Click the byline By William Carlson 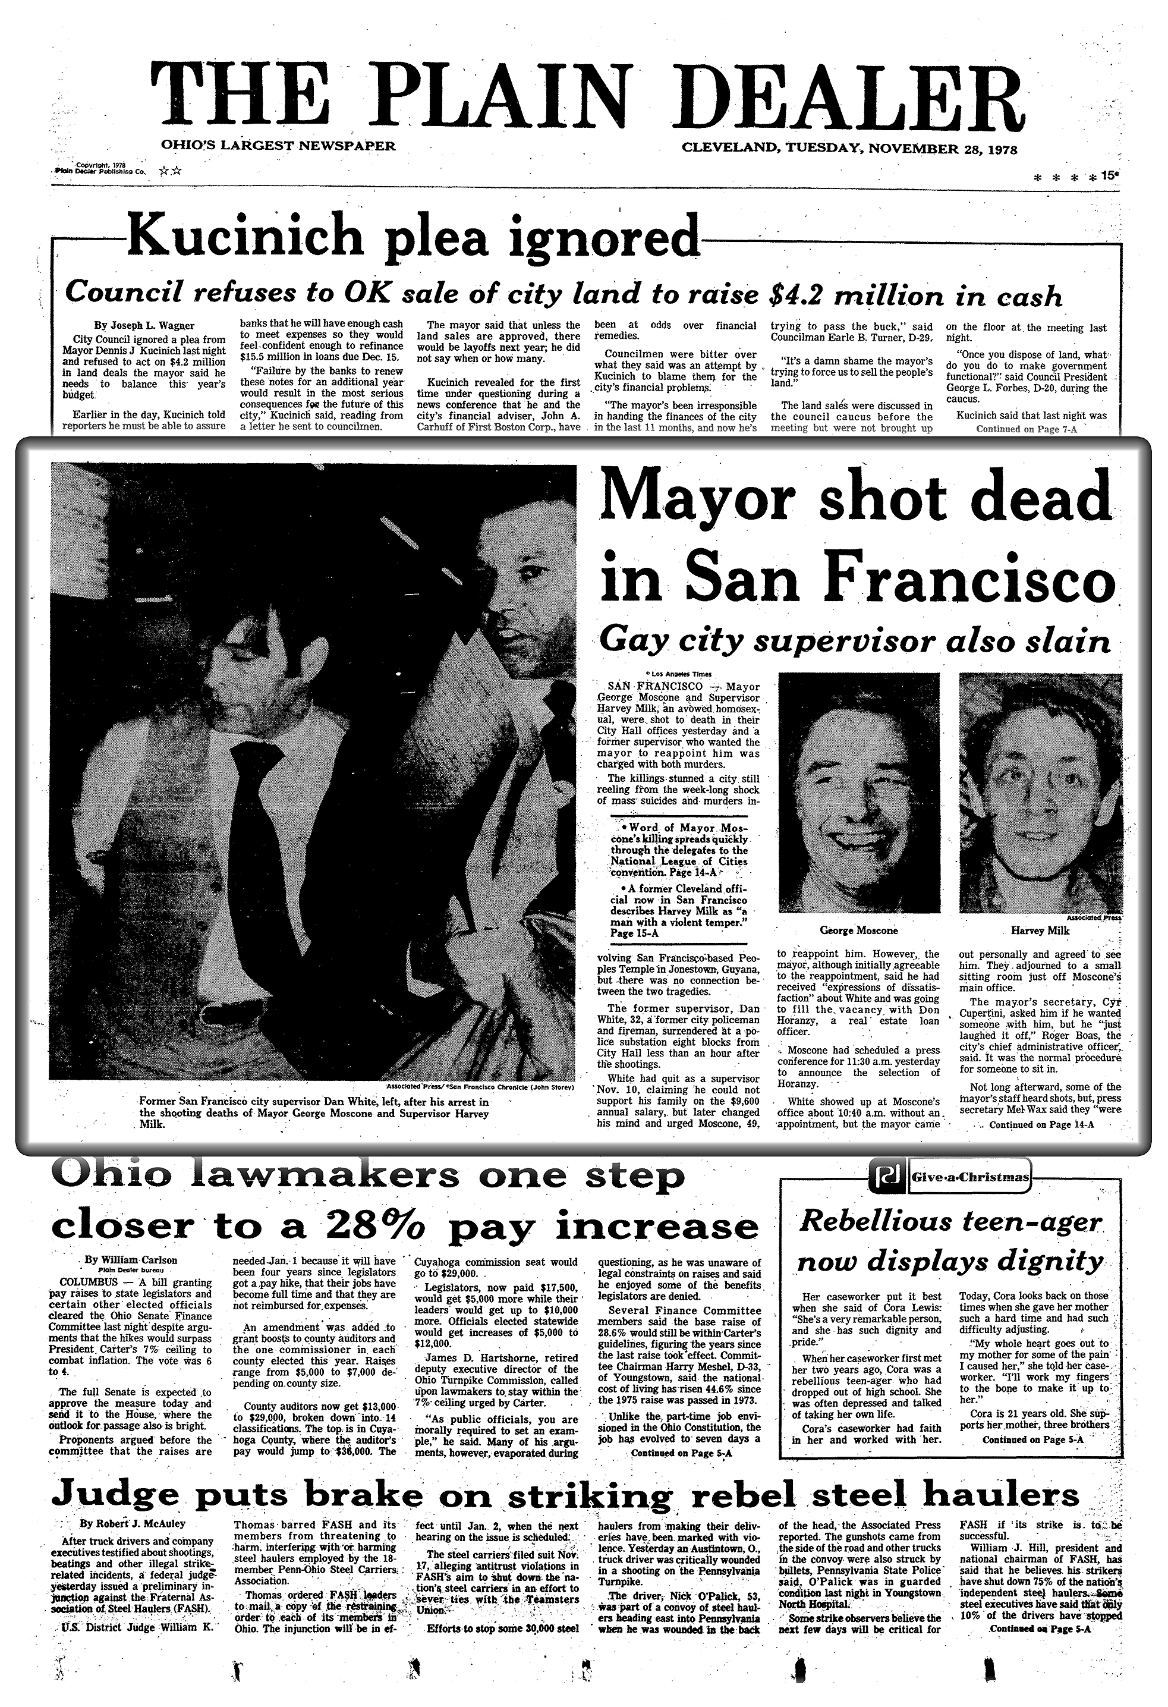click(x=131, y=1260)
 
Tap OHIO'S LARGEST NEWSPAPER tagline click(x=278, y=146)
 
